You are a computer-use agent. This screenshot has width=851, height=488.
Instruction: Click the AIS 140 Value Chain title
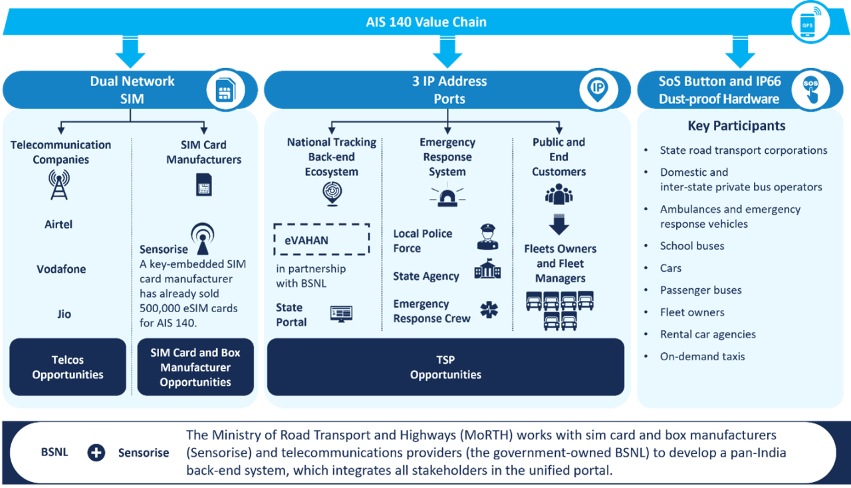coord(425,22)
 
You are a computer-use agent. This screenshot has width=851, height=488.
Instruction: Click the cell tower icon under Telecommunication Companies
coord(59,184)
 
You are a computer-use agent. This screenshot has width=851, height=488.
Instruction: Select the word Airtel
coord(59,224)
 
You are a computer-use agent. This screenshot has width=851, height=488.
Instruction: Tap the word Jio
coord(64,314)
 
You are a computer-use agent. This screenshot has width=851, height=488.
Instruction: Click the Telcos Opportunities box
coord(68,367)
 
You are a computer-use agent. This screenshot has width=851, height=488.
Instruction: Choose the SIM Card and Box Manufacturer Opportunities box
coord(195,367)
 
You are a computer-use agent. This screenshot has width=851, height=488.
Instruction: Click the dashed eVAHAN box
coord(321,240)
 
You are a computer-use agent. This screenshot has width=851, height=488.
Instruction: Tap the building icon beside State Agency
coord(487,271)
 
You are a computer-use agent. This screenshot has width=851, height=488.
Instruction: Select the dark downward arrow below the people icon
coord(559,224)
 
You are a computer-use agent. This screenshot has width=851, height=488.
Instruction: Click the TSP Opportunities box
coord(445,367)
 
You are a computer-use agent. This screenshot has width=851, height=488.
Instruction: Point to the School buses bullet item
coord(691,246)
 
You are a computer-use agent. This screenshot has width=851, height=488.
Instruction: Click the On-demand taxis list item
coord(701,356)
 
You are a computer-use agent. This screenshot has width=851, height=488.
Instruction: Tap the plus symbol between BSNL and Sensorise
coord(96,453)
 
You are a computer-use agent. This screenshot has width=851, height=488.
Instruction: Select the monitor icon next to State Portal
coord(341,314)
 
